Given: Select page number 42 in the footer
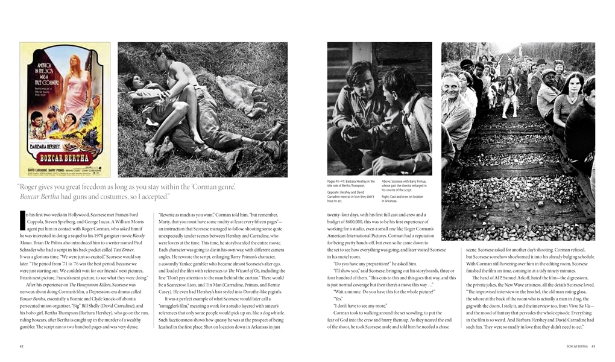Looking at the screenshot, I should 22,346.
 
